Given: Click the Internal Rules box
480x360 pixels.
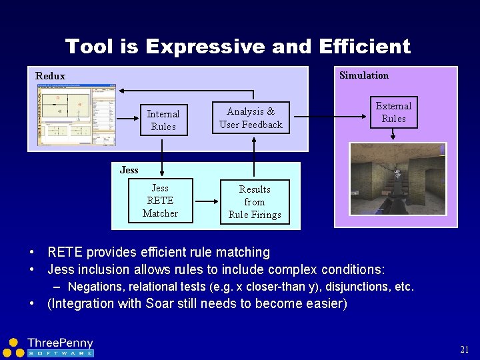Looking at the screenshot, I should pos(163,120).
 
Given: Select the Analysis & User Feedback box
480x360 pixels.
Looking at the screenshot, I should pos(251,118).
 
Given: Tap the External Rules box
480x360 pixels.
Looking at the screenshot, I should pos(393,112).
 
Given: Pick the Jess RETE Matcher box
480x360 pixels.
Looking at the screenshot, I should pos(160,201).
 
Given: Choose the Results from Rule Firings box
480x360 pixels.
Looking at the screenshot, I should pos(255,202).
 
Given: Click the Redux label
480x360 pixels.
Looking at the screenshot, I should pos(50,76).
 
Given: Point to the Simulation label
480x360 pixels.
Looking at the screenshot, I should pos(364,75).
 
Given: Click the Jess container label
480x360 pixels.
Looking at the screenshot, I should pos(129,170).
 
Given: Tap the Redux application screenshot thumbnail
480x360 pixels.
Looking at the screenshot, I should pos(76,116).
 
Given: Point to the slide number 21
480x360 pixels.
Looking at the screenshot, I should pos(465,349).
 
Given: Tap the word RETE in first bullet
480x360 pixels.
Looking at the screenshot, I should pos(64,253).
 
